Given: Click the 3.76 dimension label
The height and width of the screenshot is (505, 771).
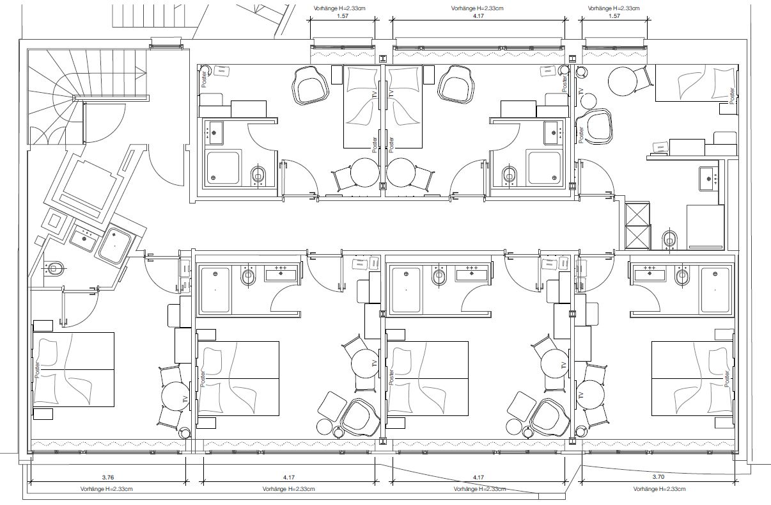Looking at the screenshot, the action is pyautogui.click(x=108, y=477).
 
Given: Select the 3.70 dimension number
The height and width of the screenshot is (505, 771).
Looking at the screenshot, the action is pyautogui.click(x=658, y=477).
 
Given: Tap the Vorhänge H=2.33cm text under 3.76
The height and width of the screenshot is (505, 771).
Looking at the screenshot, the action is pyautogui.click(x=106, y=489).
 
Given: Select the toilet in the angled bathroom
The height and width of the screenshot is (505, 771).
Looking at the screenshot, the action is pyautogui.click(x=54, y=268).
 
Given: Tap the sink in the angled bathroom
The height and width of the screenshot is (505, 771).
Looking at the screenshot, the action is pyautogui.click(x=83, y=239).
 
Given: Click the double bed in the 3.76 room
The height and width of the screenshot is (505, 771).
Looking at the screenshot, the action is pyautogui.click(x=74, y=369).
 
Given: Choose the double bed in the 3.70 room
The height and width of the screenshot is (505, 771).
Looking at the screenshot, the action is pyautogui.click(x=693, y=378).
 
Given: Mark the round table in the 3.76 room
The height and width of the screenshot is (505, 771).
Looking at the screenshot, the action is pyautogui.click(x=175, y=396).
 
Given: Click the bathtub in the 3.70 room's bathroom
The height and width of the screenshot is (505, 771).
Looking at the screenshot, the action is pyautogui.click(x=715, y=290).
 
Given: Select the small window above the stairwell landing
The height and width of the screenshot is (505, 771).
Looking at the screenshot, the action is pyautogui.click(x=166, y=44).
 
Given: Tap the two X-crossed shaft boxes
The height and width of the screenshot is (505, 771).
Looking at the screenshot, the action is pyautogui.click(x=637, y=225).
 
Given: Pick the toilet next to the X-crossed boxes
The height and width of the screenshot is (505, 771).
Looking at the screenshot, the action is pyautogui.click(x=669, y=239).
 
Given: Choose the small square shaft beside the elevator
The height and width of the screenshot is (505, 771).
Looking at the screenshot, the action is pyautogui.click(x=55, y=222).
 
